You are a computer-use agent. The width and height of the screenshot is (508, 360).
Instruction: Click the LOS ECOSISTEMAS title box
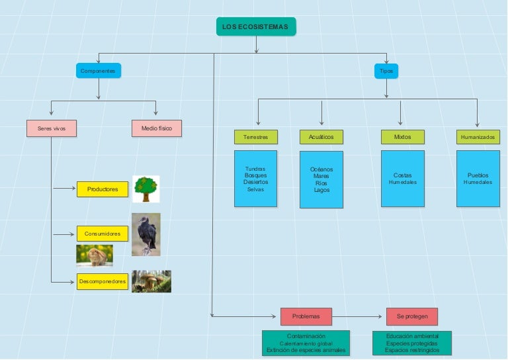[256, 26]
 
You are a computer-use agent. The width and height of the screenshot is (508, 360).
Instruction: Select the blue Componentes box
[99, 70]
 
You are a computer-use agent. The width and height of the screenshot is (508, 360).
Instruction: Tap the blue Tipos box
[386, 70]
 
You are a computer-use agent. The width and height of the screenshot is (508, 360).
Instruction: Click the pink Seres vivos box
[52, 128]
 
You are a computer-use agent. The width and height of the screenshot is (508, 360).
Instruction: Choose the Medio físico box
[156, 128]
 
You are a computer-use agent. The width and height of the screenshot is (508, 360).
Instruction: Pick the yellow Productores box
[102, 189]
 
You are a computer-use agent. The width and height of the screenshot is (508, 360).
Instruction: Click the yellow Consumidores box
[102, 234]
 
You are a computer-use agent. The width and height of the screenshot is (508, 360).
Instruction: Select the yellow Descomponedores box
[102, 281]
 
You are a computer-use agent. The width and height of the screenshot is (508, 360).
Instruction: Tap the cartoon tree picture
[146, 189]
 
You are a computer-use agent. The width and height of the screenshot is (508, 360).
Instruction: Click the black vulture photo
[146, 234]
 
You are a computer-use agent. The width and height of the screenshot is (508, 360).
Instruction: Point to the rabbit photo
[95, 255]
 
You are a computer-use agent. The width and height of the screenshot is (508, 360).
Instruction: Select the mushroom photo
[151, 281]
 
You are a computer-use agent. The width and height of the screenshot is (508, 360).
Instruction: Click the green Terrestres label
[255, 137]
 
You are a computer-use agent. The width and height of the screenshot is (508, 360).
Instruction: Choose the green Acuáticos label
[321, 137]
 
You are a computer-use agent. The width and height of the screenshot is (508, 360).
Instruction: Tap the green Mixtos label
[402, 137]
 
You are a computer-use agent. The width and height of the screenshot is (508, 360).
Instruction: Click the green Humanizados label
[478, 137]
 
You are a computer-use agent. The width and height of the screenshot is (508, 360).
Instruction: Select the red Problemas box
[306, 316]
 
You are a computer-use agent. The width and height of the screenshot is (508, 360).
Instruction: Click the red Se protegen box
[412, 316]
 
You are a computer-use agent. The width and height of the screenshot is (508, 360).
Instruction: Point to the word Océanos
[321, 169]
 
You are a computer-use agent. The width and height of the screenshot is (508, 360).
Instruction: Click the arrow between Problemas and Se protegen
[359, 316]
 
